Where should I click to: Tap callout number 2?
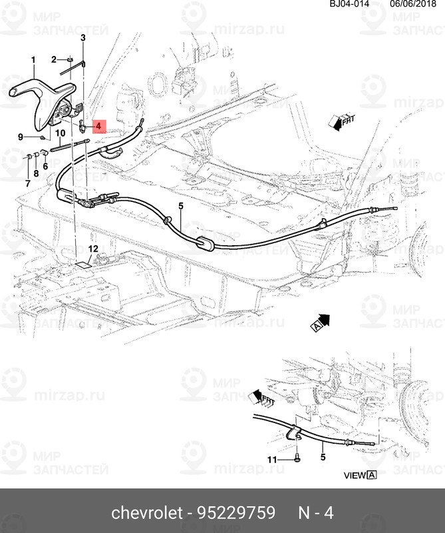(54, 61)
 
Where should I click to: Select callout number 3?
(83, 39)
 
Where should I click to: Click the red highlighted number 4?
(98, 125)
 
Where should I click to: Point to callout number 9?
(21, 137)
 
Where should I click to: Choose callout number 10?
(59, 133)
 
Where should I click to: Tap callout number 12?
(94, 249)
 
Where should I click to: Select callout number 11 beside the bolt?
(272, 460)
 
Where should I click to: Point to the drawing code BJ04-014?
(349, 4)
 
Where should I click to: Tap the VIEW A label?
(360, 475)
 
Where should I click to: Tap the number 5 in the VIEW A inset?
(323, 458)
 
